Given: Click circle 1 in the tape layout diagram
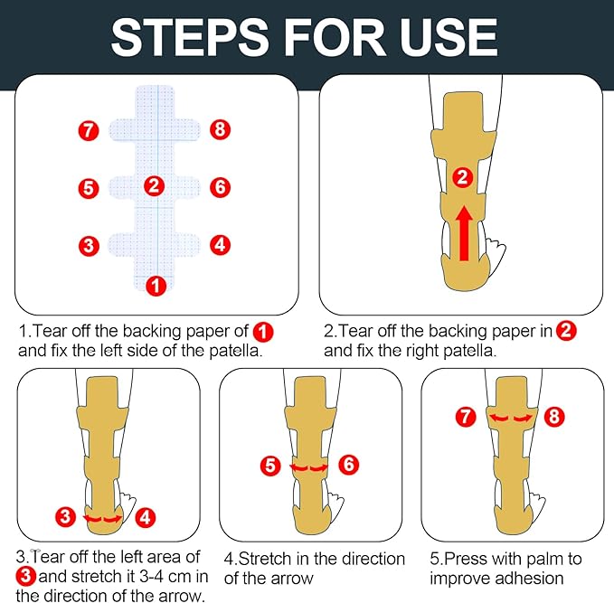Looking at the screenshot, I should click(x=156, y=286).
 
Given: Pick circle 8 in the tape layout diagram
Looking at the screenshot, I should click(x=220, y=130).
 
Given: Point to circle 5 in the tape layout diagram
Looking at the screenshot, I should click(x=88, y=188).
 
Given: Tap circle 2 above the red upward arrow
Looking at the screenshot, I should click(x=462, y=178).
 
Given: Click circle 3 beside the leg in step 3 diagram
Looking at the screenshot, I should click(x=65, y=517).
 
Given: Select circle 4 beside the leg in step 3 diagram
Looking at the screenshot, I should click(x=146, y=517).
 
